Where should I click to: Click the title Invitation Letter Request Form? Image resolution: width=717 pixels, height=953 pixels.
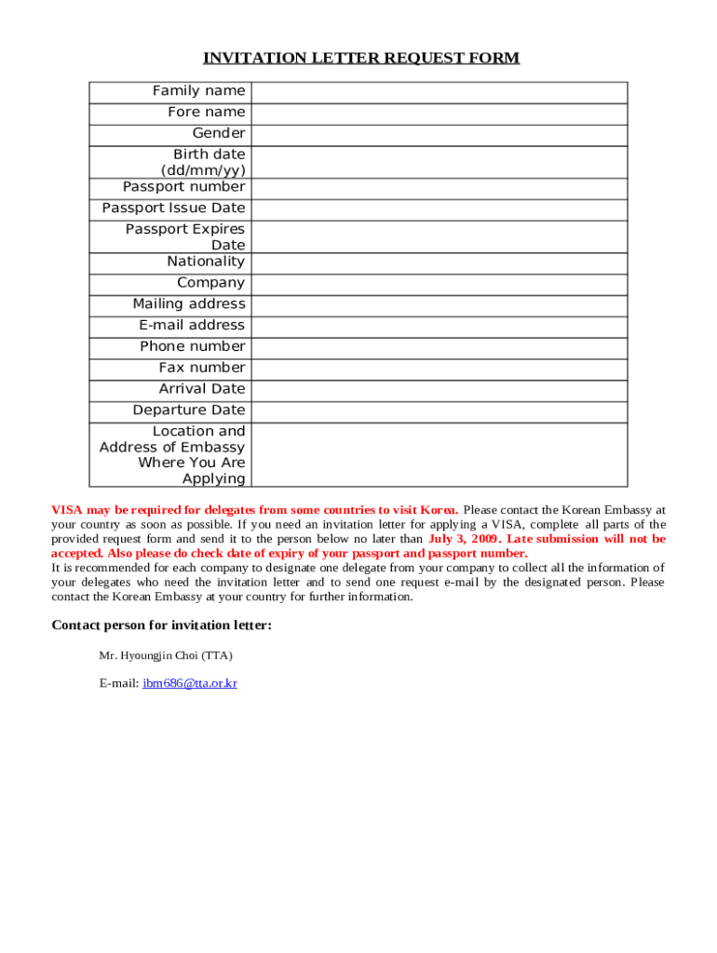(361, 59)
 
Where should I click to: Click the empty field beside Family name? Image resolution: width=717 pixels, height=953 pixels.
(439, 91)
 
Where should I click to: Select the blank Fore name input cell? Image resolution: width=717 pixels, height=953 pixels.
(439, 113)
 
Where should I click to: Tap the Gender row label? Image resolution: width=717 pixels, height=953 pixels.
(219, 133)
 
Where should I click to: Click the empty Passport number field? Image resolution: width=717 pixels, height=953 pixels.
(439, 187)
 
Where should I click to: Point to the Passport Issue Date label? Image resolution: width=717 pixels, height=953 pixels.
(173, 208)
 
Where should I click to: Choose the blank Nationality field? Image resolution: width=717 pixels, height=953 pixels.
(439, 262)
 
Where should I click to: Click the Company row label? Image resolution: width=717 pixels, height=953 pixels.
(211, 283)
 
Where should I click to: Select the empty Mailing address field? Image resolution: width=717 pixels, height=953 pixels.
(439, 304)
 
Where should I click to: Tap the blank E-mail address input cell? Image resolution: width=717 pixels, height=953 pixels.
(439, 326)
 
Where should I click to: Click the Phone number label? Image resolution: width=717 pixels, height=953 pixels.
(193, 346)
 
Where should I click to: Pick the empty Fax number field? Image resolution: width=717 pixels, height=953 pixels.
(439, 368)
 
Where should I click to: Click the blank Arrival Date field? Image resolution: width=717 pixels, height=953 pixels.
(439, 389)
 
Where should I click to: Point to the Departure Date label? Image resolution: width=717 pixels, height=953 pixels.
(189, 410)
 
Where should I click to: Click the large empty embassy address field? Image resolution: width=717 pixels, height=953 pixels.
(439, 454)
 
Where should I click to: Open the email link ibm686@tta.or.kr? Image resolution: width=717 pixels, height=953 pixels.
(190, 683)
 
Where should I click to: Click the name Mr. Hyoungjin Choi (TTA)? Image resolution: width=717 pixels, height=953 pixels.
(166, 656)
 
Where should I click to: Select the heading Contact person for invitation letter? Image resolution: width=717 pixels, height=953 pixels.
(161, 625)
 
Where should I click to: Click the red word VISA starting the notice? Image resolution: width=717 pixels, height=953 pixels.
(66, 510)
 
